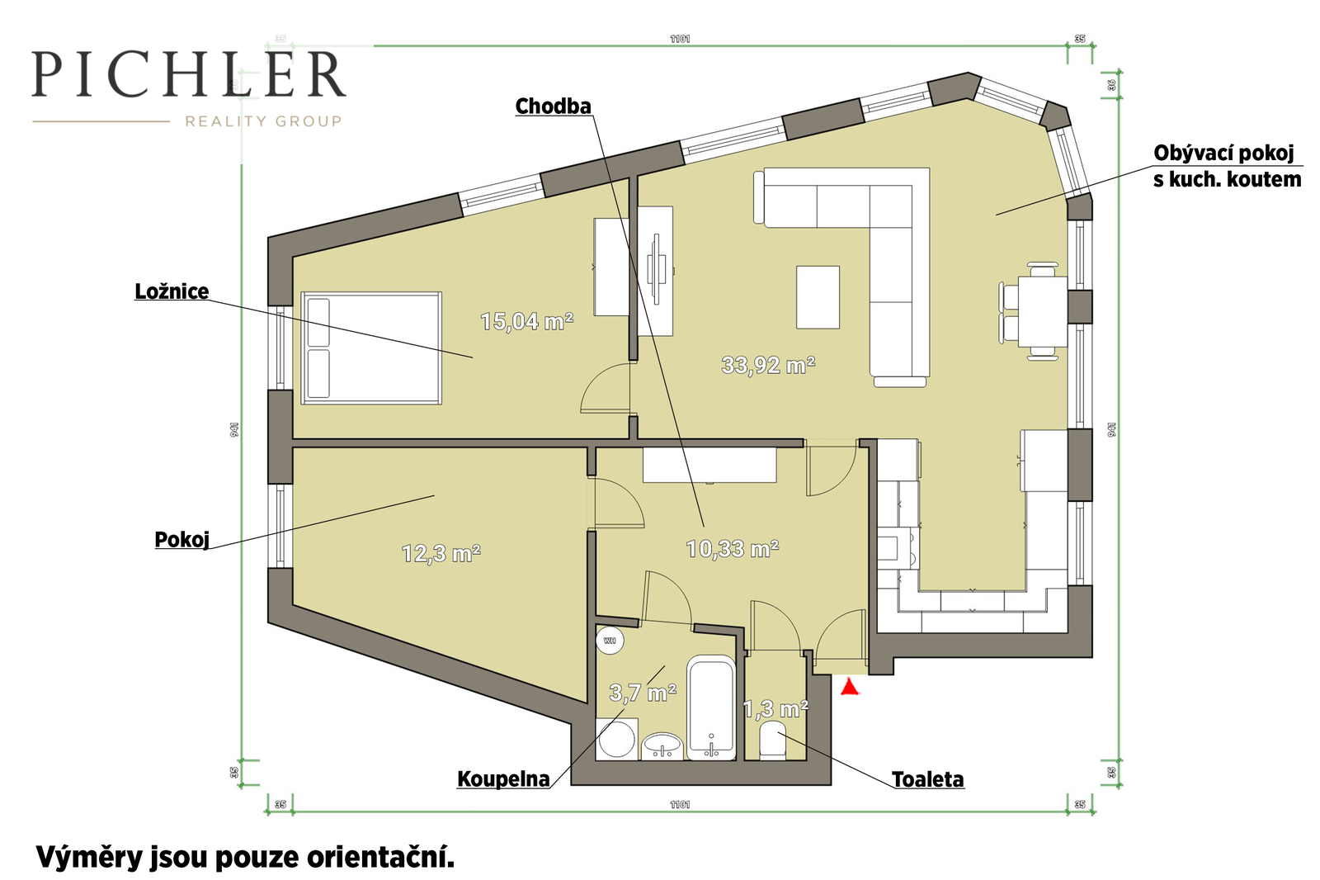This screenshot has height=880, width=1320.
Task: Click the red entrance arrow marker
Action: click(x=849, y=687)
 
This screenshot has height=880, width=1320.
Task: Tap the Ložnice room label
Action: click(x=172, y=291)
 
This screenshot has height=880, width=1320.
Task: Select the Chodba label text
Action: click(x=554, y=106)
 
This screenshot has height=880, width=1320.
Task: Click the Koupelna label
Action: click(x=504, y=779)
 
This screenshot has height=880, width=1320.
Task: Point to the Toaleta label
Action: click(x=928, y=780)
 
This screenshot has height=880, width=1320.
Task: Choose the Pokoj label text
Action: click(x=182, y=540)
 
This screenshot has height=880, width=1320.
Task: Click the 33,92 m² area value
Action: click(x=768, y=365)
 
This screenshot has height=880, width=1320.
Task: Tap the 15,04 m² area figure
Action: click(x=527, y=321)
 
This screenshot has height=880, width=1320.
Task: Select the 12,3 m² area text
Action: click(x=441, y=554)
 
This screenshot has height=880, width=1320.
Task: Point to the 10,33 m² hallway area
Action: click(x=733, y=549)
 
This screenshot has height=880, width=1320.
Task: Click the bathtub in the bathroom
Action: click(x=711, y=707)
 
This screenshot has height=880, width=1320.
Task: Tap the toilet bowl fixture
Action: click(x=772, y=740)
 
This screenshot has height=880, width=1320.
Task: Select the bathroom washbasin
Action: click(x=662, y=746)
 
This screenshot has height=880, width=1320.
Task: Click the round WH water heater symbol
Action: click(x=610, y=640)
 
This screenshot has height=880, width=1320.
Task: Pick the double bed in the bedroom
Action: click(x=371, y=348)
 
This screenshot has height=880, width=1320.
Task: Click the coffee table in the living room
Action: click(x=818, y=297)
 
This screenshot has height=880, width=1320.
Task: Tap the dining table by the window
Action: click(x=1043, y=311)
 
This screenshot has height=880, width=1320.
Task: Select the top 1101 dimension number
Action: click(x=680, y=39)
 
